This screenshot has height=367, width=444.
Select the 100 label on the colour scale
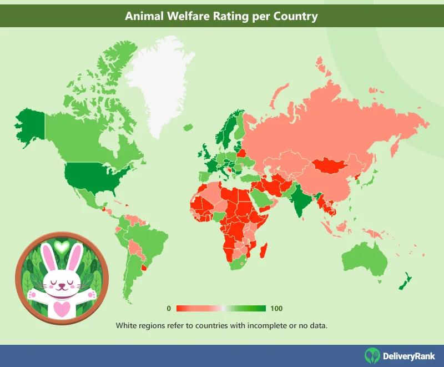click(277, 308)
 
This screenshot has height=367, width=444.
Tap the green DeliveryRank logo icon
click(372, 356)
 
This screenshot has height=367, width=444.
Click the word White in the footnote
click(127, 325)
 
